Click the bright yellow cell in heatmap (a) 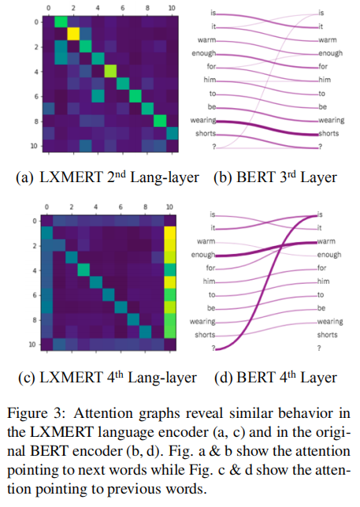(x=73, y=34)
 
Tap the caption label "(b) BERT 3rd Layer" (x=275, y=177)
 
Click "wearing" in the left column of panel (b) (x=202, y=121)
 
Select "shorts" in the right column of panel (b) (x=328, y=133)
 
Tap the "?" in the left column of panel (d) (x=212, y=347)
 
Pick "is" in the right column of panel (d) (x=320, y=214)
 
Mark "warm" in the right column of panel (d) (x=328, y=241)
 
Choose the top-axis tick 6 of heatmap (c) (x=121, y=207)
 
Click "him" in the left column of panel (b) (x=208, y=80)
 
